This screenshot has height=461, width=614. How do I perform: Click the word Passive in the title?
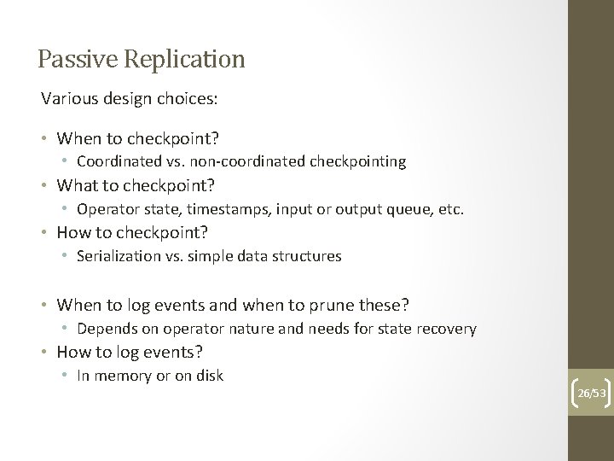tap(71, 59)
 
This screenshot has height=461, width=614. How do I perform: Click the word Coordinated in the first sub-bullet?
tap(115, 160)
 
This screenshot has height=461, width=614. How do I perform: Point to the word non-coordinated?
tap(236, 160)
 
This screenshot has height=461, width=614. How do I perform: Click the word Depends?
tap(105, 328)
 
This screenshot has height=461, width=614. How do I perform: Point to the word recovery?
tap(446, 328)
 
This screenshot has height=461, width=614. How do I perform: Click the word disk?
tap(209, 376)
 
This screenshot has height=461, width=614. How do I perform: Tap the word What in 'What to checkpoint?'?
tap(74, 184)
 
